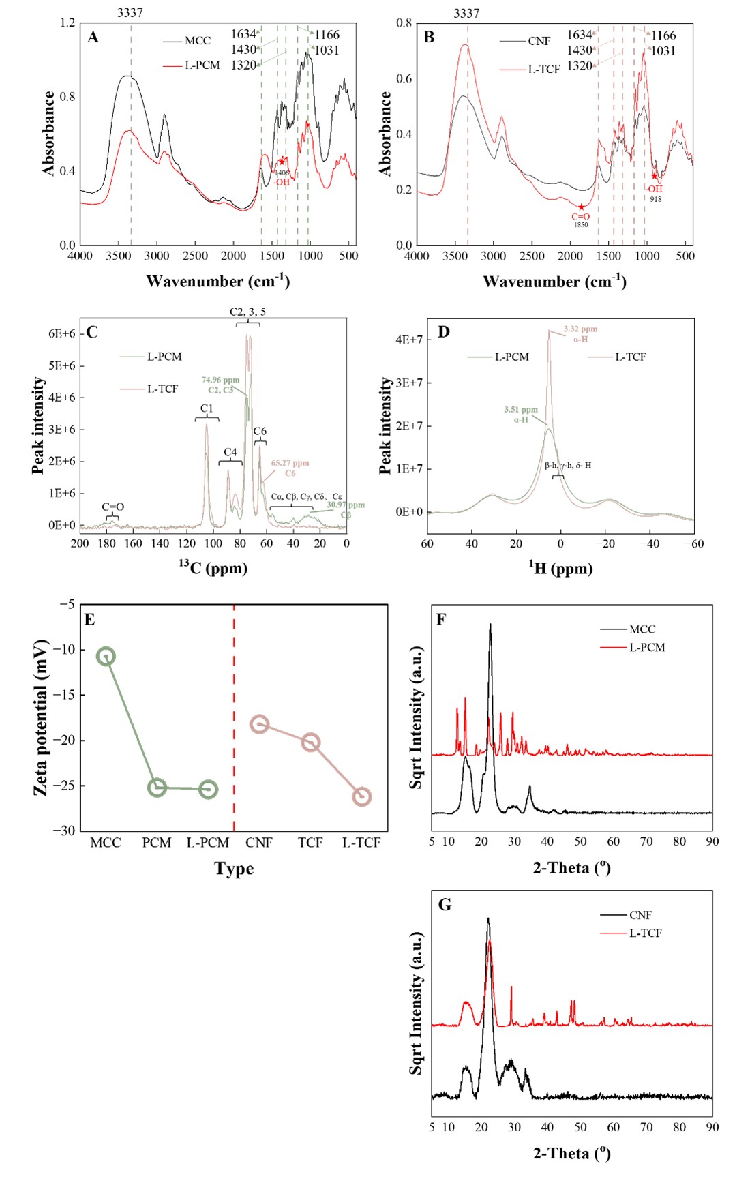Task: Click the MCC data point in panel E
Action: [x=106, y=657]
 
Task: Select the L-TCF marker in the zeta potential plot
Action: [x=362, y=796]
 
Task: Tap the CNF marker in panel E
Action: [x=259, y=724]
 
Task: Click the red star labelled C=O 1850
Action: [x=581, y=207]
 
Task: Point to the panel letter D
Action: [x=444, y=332]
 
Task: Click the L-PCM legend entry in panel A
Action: [x=202, y=65]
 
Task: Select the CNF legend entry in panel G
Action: [x=640, y=915]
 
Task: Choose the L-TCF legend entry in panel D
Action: [x=630, y=357]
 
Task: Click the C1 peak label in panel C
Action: [x=207, y=408]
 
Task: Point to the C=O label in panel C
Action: [x=113, y=507]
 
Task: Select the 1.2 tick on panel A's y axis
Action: [x=67, y=23]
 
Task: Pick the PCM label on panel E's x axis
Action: [x=157, y=843]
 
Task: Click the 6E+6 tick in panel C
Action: [x=61, y=333]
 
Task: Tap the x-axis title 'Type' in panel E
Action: [x=234, y=869]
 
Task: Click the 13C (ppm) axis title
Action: [x=213, y=567]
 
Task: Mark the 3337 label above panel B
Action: [x=466, y=13]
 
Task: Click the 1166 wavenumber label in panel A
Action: [x=327, y=35]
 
